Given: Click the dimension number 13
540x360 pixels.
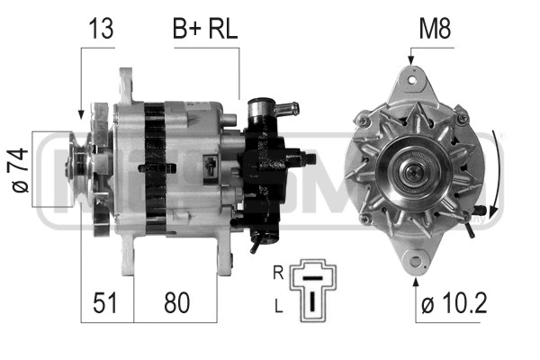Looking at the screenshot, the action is click(x=101, y=29).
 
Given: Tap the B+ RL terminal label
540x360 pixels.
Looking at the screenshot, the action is click(x=205, y=29).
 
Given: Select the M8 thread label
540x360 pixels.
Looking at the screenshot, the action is click(x=435, y=29).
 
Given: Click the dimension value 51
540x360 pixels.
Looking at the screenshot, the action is click(x=105, y=302).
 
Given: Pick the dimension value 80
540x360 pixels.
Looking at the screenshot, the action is click(x=176, y=302).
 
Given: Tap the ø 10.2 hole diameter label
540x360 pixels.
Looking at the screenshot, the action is click(x=454, y=302).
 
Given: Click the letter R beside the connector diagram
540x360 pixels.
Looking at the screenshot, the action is click(x=278, y=273).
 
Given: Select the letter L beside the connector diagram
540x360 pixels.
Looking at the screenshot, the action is click(x=279, y=306).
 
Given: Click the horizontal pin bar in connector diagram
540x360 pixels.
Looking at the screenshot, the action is click(x=312, y=277).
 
